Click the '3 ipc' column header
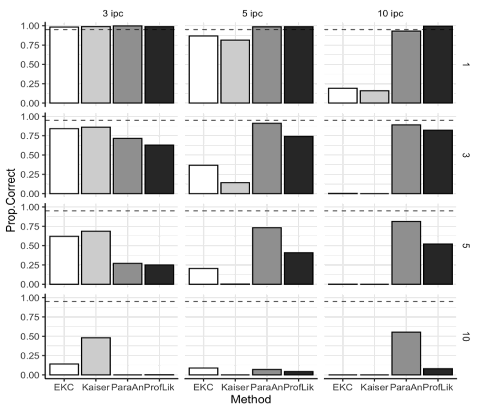point(111,11)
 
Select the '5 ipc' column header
point(251,11)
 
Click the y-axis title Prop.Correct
point(11,200)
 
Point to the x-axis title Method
point(251,400)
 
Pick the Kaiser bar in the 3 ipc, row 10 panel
point(96,356)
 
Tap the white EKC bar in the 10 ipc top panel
point(343,95)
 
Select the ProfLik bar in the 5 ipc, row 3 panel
point(298,165)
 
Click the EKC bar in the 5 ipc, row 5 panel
point(203,276)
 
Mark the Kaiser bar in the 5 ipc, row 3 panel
point(235,188)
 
